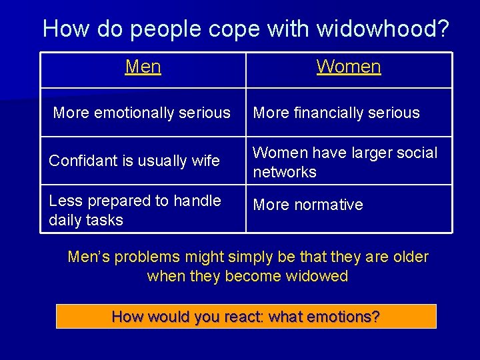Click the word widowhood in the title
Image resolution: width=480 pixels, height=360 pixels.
(x=383, y=29)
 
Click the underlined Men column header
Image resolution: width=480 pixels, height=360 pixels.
(x=143, y=67)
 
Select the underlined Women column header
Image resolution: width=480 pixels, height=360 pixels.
(x=349, y=67)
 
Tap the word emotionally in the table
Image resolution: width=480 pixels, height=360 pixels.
(x=138, y=113)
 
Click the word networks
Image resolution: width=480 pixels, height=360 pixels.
(x=285, y=171)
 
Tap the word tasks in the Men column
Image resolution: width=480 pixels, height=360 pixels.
(x=105, y=220)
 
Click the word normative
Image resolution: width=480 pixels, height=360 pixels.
(x=328, y=205)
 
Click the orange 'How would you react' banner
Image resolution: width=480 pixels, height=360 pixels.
(x=246, y=316)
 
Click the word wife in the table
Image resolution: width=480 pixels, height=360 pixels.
(x=205, y=161)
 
